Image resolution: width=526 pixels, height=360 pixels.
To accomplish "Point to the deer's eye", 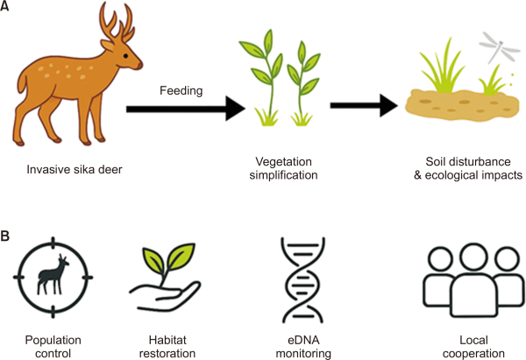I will pos(123,54).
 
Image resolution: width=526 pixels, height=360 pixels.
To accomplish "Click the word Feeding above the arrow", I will pos(181,90).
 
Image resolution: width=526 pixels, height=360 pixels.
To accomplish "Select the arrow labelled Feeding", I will pos(185,109).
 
